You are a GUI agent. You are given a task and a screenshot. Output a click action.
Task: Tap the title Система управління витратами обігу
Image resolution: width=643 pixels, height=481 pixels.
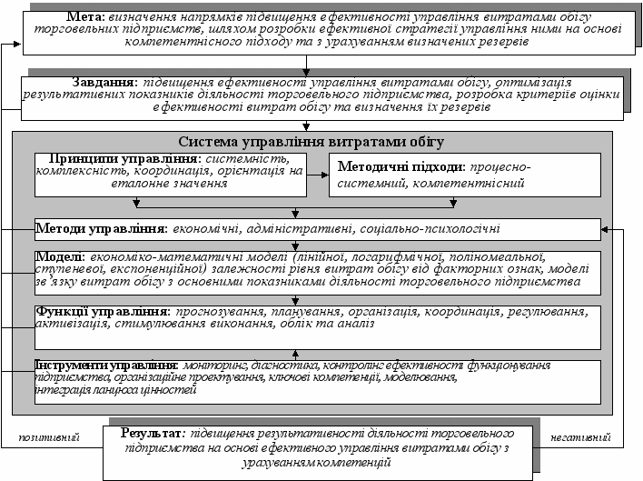pyautogui.click(x=312, y=142)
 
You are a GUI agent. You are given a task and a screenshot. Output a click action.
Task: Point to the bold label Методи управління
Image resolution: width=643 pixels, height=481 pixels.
pyautogui.click(x=101, y=226)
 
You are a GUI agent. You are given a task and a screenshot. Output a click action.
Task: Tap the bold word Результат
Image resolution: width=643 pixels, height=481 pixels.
pyautogui.click(x=153, y=432)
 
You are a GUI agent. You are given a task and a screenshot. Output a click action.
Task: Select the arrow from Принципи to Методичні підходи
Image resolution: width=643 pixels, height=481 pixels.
pyautogui.click(x=316, y=174)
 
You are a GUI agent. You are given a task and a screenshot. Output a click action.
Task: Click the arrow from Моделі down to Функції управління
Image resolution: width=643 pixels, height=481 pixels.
pyautogui.click(x=294, y=299)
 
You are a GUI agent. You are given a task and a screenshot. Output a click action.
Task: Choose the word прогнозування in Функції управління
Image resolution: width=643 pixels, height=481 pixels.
pyautogui.click(x=220, y=312)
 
